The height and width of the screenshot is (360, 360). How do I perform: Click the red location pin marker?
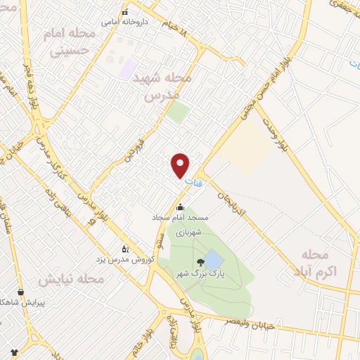(181, 165)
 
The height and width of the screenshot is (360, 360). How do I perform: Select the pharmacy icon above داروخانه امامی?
(125, 12)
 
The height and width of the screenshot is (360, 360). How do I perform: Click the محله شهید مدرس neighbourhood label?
(161, 87)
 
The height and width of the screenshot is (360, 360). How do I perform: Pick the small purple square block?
(127, 68)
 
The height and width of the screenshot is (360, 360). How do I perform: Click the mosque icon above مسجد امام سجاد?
(181, 207)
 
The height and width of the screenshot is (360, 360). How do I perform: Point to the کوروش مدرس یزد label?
(126, 259)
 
